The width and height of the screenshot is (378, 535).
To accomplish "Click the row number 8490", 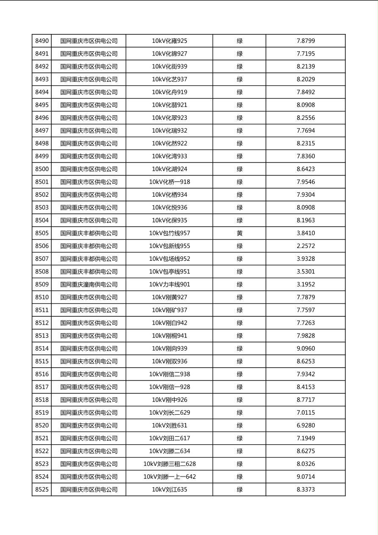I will point(42,41).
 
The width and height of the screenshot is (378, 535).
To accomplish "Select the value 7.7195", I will point(306,54).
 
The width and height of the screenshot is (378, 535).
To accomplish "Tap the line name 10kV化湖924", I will point(170,169).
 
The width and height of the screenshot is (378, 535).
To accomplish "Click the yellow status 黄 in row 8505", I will point(239,233).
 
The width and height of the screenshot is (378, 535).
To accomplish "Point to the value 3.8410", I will point(306,233).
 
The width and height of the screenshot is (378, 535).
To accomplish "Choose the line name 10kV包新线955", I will point(170,246).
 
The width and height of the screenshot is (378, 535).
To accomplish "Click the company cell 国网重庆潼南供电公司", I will point(89,284).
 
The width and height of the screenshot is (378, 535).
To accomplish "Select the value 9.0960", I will point(306,348).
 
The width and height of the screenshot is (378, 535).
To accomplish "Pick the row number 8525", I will point(42,490).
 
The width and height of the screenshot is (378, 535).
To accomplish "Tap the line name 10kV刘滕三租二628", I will point(170,464).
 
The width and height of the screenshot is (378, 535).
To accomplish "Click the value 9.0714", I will point(306,477).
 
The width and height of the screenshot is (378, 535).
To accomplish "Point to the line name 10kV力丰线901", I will point(170,284).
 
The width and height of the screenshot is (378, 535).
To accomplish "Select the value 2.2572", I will point(306,246).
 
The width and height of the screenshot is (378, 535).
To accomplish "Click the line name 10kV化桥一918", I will point(170,182).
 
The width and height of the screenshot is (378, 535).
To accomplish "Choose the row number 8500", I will point(42,169).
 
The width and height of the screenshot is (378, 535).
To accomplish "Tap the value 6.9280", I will point(306,426).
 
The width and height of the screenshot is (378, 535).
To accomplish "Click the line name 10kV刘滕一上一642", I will point(170,477).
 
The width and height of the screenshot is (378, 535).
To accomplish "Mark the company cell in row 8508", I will point(89,272).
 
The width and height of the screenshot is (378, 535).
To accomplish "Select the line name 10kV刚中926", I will point(170,400).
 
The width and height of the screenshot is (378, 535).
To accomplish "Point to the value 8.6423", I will point(306,169).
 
